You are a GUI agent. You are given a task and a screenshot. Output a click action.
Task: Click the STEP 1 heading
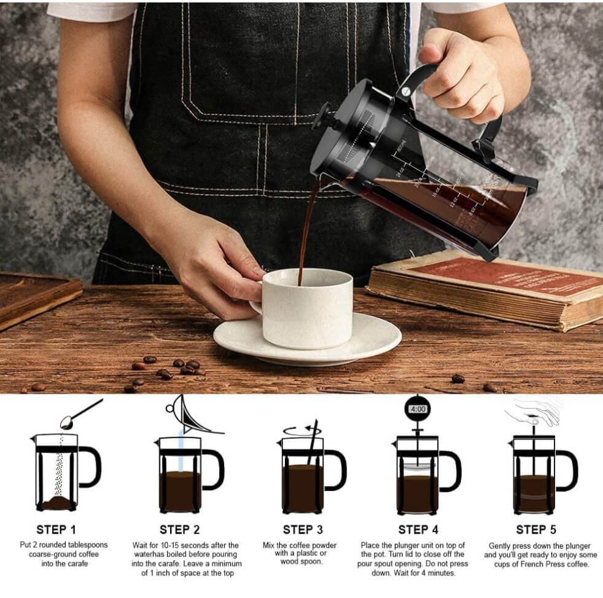(x=56, y=530)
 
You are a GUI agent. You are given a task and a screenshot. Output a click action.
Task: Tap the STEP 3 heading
(x=303, y=530)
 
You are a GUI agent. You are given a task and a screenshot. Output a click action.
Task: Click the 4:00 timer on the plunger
(x=418, y=409)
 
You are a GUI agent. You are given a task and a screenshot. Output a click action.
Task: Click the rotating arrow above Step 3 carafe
(x=300, y=431)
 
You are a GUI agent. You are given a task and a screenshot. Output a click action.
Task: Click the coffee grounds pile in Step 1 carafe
(x=57, y=503)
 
